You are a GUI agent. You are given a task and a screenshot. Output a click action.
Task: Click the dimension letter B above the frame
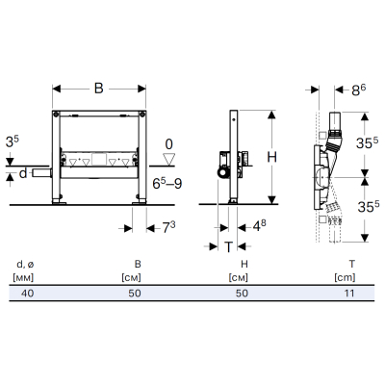click(x=99, y=89)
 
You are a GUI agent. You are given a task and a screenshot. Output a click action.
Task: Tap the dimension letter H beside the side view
click(x=271, y=157)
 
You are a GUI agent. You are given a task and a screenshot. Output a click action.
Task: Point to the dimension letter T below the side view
click(x=228, y=247)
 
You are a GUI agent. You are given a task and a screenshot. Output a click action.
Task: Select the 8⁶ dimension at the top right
click(x=358, y=90)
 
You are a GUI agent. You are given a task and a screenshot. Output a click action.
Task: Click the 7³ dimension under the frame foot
click(x=168, y=227)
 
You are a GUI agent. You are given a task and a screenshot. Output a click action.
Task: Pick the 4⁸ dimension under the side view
click(x=259, y=226)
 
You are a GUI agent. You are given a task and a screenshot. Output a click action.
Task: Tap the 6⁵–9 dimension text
click(x=167, y=184)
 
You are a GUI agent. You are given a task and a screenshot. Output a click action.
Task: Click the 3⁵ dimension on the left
click(x=13, y=141)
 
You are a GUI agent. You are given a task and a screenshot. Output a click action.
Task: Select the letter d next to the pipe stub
click(x=23, y=173)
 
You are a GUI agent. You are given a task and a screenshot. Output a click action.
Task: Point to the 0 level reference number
click(x=168, y=144)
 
